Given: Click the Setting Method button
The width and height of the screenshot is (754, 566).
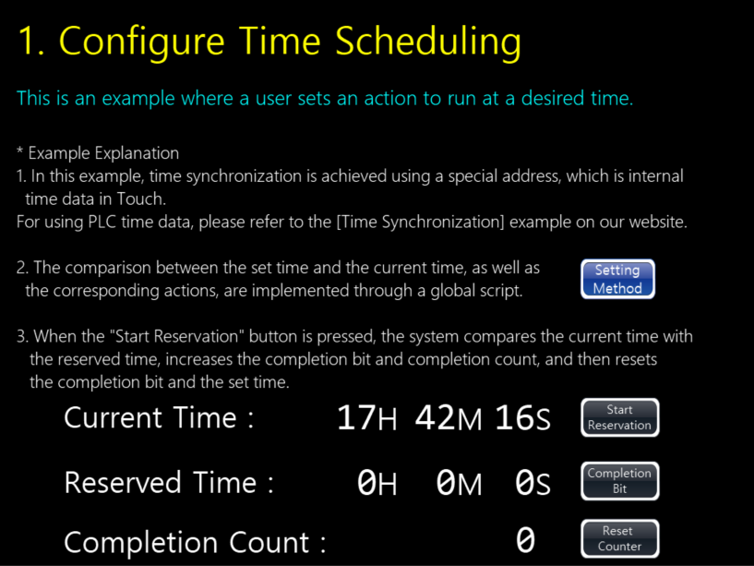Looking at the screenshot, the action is pyautogui.click(x=617, y=279).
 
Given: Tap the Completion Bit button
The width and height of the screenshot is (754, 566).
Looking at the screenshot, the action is pyautogui.click(x=620, y=481).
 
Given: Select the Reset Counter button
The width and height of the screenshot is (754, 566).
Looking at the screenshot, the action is pyautogui.click(x=620, y=538).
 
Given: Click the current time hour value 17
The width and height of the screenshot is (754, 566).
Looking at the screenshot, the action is pyautogui.click(x=356, y=417).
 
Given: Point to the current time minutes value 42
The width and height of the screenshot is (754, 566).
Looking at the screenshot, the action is pyautogui.click(x=436, y=417).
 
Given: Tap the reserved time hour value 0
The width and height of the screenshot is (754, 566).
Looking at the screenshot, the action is pyautogui.click(x=366, y=482).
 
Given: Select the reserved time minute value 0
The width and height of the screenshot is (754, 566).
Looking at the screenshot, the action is pyautogui.click(x=446, y=482).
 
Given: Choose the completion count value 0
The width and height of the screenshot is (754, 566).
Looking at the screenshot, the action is pyautogui.click(x=525, y=540).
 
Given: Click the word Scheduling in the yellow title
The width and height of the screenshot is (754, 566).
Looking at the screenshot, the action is pyautogui.click(x=428, y=42).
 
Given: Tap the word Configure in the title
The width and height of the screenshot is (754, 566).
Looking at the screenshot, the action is pyautogui.click(x=142, y=42).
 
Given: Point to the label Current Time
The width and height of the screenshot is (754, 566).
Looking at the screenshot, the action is pyautogui.click(x=150, y=417).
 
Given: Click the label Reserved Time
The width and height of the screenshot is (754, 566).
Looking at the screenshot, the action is pyautogui.click(x=161, y=482).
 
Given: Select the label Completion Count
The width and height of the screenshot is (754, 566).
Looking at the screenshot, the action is pyautogui.click(x=186, y=542).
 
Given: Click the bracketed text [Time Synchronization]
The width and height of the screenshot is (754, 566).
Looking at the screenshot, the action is pyautogui.click(x=420, y=223).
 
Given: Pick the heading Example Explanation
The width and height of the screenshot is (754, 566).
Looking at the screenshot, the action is pyautogui.click(x=103, y=153).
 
